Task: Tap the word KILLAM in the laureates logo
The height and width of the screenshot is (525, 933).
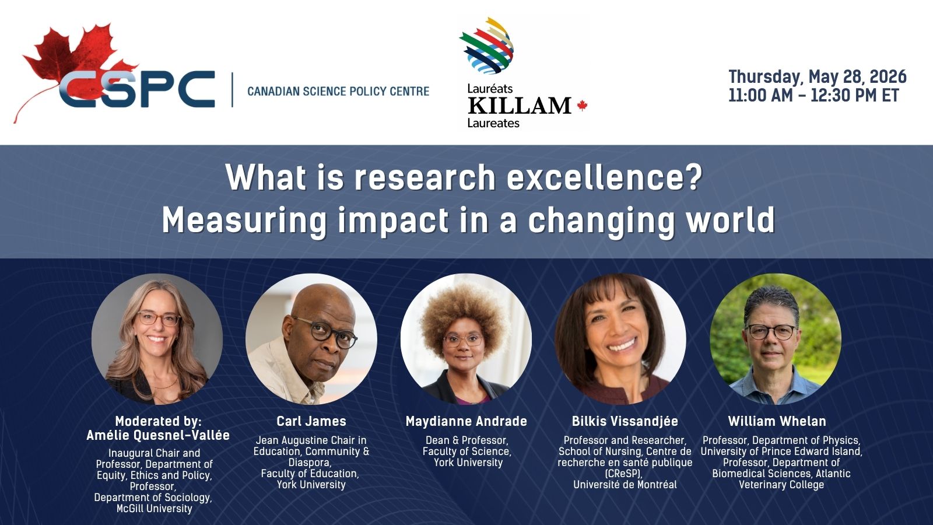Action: [x=520, y=106]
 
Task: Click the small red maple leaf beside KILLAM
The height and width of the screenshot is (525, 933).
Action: [x=582, y=106]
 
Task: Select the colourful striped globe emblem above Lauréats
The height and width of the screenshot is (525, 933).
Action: [x=487, y=45]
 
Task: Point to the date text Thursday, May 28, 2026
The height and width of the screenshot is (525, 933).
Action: [x=817, y=77]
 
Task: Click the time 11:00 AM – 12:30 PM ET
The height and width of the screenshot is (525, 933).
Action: [x=813, y=96]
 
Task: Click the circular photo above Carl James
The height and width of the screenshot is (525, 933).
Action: [x=311, y=339]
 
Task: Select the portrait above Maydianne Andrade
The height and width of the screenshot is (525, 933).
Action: [x=466, y=339]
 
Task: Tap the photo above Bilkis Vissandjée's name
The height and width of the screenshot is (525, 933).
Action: [x=620, y=339]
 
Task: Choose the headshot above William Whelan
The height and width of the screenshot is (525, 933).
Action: [x=776, y=339]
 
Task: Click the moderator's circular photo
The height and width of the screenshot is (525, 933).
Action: [x=157, y=339]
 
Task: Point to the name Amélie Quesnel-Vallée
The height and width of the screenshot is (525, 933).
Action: [x=158, y=435]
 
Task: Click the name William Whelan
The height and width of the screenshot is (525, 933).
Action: [x=777, y=421]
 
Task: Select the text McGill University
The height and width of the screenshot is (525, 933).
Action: [x=155, y=509]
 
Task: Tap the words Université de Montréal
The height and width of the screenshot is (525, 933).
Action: [x=625, y=485]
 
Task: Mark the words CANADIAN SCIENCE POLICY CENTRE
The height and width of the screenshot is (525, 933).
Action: [x=338, y=91]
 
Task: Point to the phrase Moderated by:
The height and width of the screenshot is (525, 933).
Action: [x=158, y=421]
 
